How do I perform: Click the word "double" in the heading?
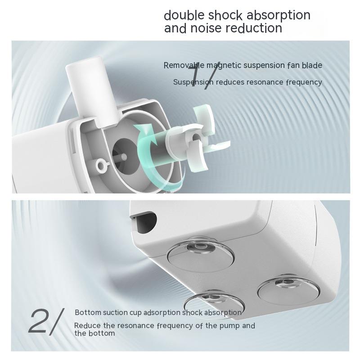click(184, 15)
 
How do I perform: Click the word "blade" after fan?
click(312, 65)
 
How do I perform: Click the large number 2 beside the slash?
click(37, 321)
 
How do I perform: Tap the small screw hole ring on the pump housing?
click(101, 164)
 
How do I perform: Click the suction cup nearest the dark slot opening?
click(200, 255)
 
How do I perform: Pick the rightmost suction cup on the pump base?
click(288, 290)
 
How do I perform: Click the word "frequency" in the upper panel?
click(304, 83)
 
